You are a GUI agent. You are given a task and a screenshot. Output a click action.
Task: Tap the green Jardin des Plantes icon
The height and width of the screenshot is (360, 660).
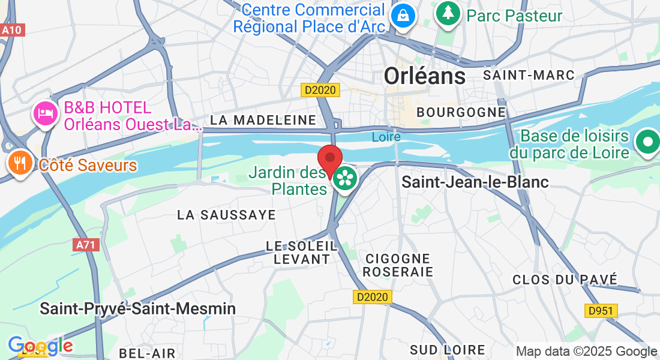(345, 178)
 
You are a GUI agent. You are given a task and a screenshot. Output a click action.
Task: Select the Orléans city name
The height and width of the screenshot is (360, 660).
(424, 76)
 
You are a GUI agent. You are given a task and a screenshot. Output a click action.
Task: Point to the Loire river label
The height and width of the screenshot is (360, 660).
(386, 137)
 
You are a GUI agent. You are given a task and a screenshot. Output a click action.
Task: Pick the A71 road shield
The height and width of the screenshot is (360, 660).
(86, 245)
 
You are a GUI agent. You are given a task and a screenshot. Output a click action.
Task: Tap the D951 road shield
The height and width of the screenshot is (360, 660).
(601, 310)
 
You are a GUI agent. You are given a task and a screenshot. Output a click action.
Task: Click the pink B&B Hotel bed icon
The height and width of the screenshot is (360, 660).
(46, 112)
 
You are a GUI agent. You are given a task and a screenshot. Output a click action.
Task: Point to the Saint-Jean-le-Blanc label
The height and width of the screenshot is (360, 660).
(475, 182)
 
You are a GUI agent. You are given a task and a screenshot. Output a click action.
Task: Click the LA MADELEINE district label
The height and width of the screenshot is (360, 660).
(263, 120)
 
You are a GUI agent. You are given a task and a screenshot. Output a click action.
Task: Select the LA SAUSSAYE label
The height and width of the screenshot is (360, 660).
(226, 215)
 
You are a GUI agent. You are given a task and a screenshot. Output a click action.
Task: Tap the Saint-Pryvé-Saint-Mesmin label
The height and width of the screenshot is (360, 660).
(137, 308)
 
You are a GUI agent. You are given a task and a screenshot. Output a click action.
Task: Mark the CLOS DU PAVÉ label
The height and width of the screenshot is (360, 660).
(565, 279)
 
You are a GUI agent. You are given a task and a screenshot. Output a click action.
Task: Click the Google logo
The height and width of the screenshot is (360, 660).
(40, 346)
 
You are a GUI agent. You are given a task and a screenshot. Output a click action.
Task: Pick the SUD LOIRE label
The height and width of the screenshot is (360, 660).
(447, 350)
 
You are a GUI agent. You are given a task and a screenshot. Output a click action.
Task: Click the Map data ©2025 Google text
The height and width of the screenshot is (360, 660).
(586, 352)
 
